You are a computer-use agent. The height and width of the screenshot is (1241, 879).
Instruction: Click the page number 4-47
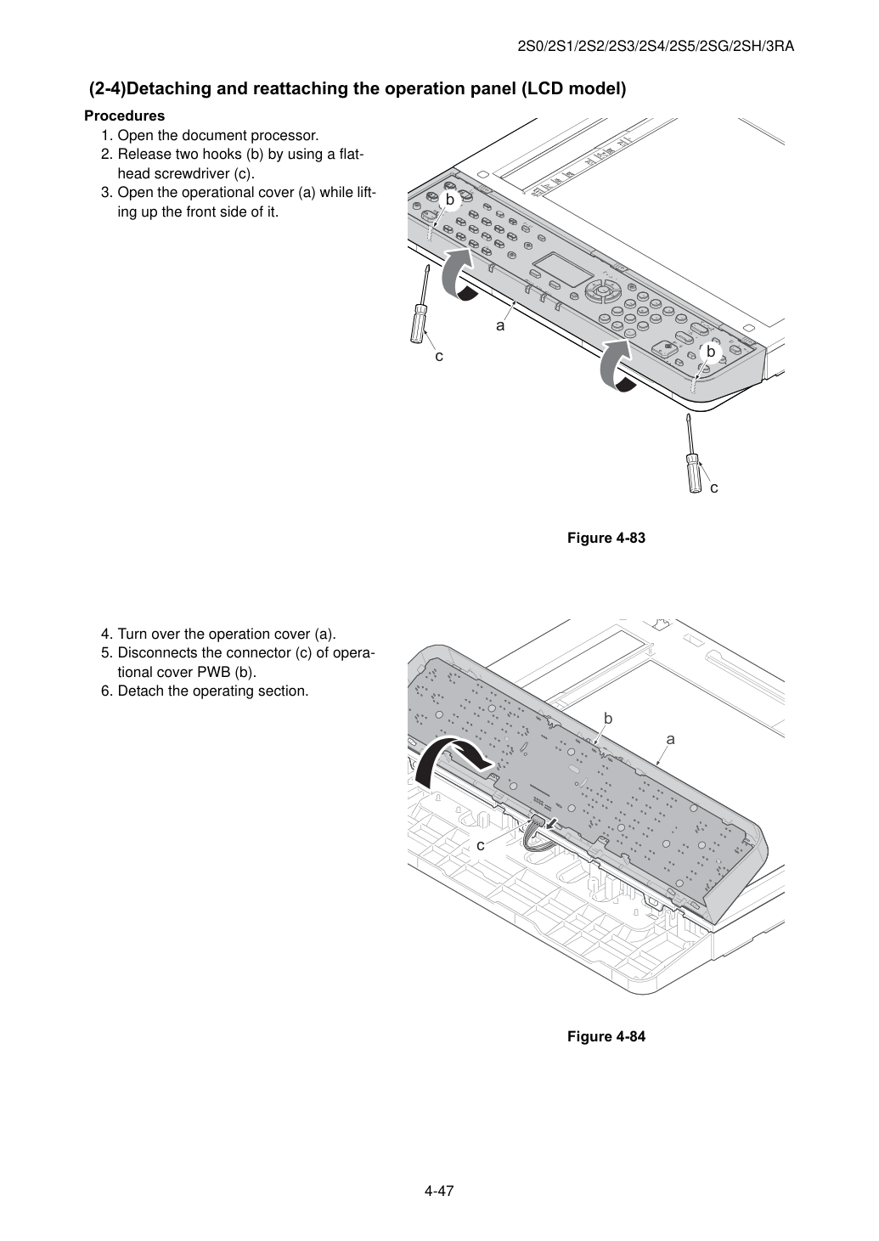pyautogui.click(x=439, y=1190)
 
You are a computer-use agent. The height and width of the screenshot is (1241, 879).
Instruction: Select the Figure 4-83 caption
pyautogui.click(x=606, y=538)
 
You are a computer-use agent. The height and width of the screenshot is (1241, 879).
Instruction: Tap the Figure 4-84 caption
pyautogui.click(x=606, y=1036)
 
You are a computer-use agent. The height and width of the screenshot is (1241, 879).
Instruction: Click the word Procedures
pyautogui.click(x=125, y=116)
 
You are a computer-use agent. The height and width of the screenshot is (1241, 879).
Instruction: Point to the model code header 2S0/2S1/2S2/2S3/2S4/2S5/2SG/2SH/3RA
pyautogui.click(x=656, y=47)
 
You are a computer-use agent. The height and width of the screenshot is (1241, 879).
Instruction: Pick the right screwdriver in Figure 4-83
pyautogui.click(x=692, y=454)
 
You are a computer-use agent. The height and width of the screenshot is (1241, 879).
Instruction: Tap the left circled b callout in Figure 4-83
pyautogui.click(x=450, y=200)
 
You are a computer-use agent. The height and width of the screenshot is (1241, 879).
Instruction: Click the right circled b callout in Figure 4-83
pyautogui.click(x=711, y=352)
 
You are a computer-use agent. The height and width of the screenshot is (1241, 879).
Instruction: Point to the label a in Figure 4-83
pyautogui.click(x=500, y=326)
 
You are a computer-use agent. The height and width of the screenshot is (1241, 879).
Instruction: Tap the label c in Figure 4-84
pyautogui.click(x=480, y=845)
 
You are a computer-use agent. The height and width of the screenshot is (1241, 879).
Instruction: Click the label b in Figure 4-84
pyautogui.click(x=607, y=719)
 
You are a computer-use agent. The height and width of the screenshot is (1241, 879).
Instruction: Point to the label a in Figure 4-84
pyautogui.click(x=671, y=740)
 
